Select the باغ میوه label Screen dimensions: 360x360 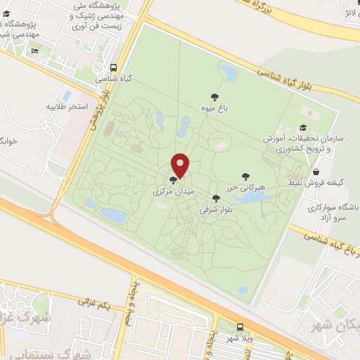coord(214,108)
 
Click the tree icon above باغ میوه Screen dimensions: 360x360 coord(214,97)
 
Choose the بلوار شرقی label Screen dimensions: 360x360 coord(216,209)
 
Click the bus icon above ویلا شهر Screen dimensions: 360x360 coord(240,328)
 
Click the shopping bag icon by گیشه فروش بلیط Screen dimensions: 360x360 coord(316,172)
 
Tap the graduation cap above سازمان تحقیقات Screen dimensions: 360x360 coord(302,127)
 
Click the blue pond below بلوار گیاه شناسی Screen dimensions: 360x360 coord(229,71)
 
